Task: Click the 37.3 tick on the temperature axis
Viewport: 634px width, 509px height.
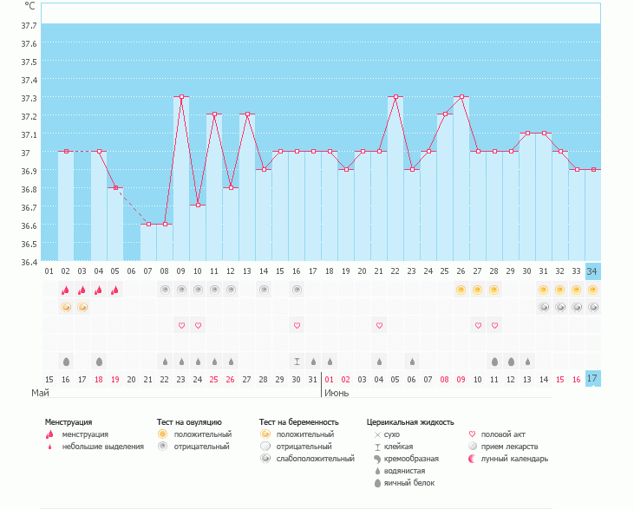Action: click(x=29, y=80)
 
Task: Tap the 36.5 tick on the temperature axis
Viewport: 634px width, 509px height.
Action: click(x=29, y=225)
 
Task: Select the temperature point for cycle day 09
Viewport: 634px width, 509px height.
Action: click(x=181, y=97)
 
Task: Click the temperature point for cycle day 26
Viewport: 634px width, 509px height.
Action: click(x=461, y=97)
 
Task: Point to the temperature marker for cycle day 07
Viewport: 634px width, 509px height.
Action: click(x=148, y=224)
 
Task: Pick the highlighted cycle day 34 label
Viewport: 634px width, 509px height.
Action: click(x=592, y=271)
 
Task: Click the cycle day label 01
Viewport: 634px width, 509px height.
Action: click(x=49, y=271)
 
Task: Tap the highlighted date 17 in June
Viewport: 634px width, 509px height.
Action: click(x=592, y=379)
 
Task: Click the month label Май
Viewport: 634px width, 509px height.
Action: click(x=40, y=394)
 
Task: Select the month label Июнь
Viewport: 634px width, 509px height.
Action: click(x=337, y=394)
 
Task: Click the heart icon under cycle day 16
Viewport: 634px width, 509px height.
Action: click(x=297, y=325)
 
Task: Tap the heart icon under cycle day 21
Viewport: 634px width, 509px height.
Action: click(x=379, y=325)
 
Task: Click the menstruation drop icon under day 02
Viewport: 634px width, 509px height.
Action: click(x=65, y=290)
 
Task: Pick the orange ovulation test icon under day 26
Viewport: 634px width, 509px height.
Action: click(x=461, y=290)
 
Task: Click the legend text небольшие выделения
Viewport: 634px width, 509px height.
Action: click(x=103, y=447)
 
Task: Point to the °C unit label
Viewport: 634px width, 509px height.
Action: click(x=30, y=6)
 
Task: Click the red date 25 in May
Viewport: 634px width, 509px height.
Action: click(x=214, y=379)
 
